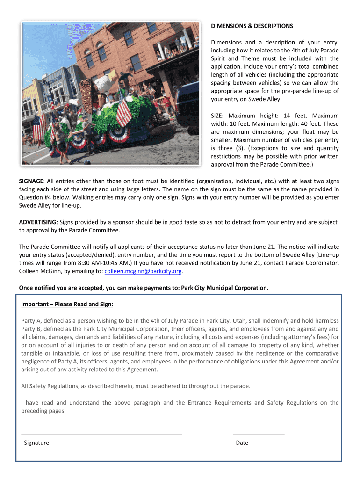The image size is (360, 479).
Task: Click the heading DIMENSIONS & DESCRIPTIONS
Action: [252, 26]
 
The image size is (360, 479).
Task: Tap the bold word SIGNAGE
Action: [31, 181]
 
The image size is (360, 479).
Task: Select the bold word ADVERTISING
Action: [37, 222]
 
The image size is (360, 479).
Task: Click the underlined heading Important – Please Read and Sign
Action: [67, 304]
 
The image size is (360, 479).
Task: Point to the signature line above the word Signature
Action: [101, 434]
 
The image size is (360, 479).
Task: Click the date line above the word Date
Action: [258, 434]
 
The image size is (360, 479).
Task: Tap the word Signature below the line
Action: [36, 443]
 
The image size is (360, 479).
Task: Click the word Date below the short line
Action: [242, 443]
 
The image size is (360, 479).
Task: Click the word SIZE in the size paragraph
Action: [217, 116]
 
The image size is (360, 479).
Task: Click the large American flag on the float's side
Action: [123, 111]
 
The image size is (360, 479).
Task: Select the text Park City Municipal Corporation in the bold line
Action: [224, 287]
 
